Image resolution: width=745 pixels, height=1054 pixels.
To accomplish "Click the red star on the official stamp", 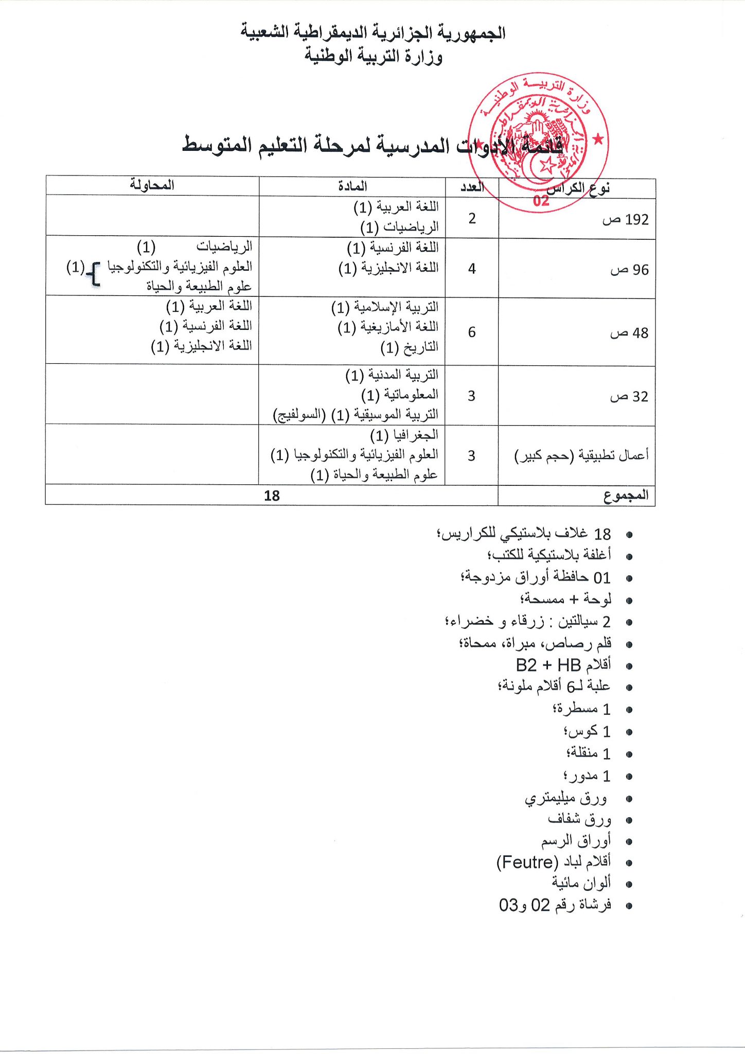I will pos(598,139).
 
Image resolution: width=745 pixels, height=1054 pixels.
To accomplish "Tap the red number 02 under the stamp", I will pos(541,201).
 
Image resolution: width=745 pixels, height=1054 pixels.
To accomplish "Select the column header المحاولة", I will pos(152,185).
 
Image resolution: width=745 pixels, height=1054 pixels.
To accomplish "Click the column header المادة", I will pos(352,186).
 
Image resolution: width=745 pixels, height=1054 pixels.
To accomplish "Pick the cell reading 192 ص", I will pos(625,220).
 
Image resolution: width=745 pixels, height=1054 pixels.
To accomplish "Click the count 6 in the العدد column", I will pos(472,332).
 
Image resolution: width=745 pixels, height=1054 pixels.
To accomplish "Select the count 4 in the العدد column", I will pos(472,268).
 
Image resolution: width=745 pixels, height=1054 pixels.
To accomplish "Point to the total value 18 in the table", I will pos(272,496).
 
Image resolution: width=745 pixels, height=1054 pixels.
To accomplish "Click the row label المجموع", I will pos(626,496).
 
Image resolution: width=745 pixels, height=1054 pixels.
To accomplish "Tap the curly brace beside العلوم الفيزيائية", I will pos(94,273).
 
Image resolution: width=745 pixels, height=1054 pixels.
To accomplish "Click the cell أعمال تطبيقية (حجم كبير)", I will pos(581,455).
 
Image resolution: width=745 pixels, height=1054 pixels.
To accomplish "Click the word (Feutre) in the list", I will pos(527,862).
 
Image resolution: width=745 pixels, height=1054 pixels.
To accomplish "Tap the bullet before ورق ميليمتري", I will pos(628,799).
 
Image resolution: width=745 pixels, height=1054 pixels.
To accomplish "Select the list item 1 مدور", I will pos(587,776).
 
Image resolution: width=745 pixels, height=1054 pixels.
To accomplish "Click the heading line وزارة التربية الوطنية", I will pos(373,56).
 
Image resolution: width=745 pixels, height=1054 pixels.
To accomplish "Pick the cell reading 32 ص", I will pos(629,396).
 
